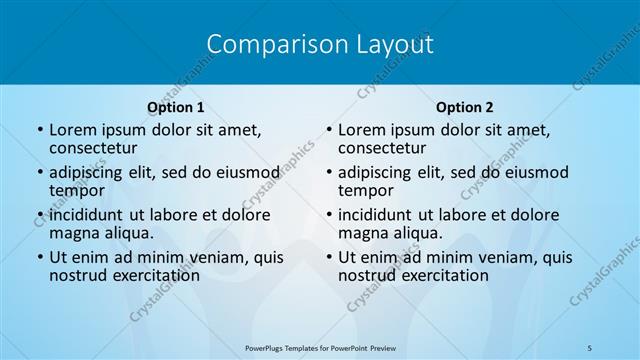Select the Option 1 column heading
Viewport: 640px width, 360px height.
[176, 107]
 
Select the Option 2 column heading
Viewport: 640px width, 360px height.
[465, 107]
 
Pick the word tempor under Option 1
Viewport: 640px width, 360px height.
[77, 190]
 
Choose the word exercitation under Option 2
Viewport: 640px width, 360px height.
[438, 275]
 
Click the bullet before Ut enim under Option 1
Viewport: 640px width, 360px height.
[40, 257]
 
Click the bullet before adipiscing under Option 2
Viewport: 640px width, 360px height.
[329, 172]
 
